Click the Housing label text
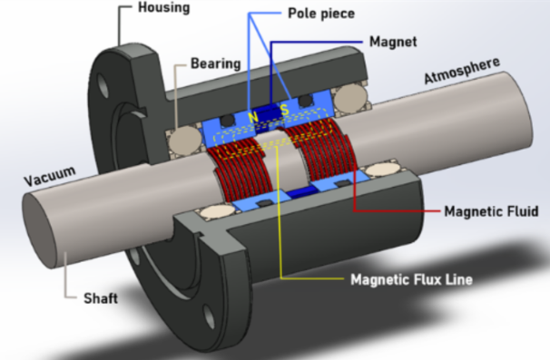point(163,8)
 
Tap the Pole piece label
point(321,14)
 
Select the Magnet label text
point(393,42)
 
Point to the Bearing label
point(215,63)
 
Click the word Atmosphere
point(462,70)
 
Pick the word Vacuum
point(50,176)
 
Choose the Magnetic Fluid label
point(491,211)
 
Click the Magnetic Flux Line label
point(411,279)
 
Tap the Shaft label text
point(101,298)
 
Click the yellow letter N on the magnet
point(253,117)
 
